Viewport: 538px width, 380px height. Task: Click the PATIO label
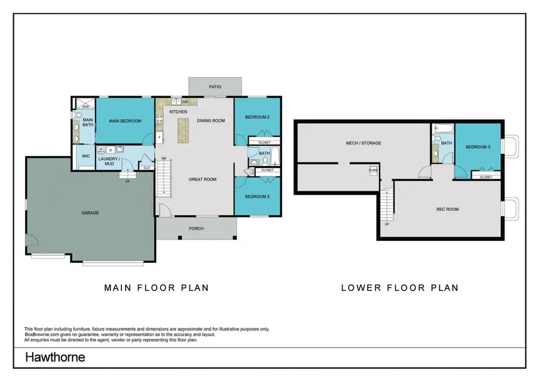coord(215,87)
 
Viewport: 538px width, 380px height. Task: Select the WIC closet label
coord(85,157)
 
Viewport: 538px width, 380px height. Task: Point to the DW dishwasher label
coord(186,102)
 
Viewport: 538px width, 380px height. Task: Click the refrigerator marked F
coord(160,138)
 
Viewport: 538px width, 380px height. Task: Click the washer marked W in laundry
coord(102,149)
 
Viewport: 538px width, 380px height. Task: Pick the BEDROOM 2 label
coord(256,117)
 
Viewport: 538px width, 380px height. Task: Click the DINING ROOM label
coord(210,121)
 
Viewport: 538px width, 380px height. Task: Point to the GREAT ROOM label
coord(202,179)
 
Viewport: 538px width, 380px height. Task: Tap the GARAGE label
coord(90,213)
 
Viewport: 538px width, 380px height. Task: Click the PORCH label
coord(196,228)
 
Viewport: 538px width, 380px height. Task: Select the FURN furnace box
coord(372,170)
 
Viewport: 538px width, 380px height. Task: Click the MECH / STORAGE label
coord(363,143)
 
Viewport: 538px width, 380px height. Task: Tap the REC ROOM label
coord(447,209)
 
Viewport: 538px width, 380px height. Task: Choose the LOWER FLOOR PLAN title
coord(399,287)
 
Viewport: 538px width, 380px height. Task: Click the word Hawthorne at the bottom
coord(55,358)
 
